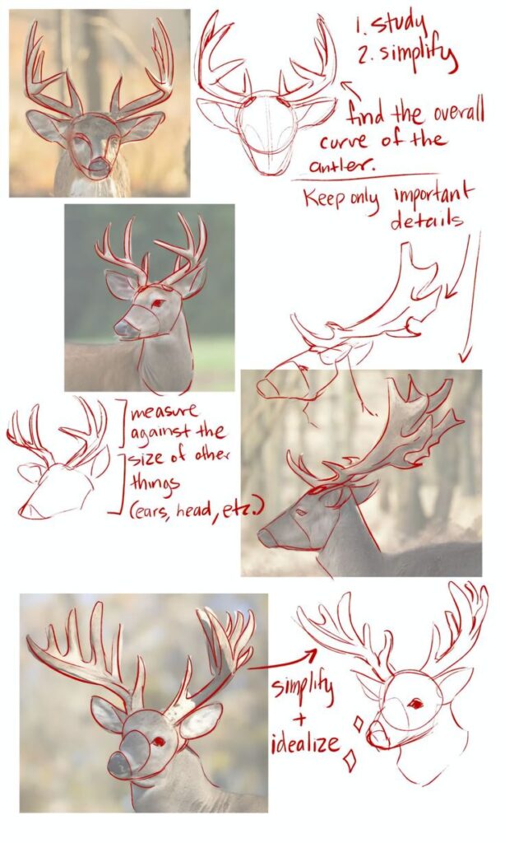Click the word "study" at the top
[396, 24]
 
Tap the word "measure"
[167, 410]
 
